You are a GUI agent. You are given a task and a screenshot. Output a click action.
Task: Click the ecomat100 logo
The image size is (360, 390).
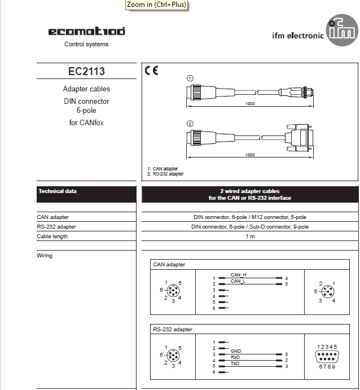click(86, 32)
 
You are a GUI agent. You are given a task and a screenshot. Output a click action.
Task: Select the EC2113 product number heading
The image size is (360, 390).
click(86, 72)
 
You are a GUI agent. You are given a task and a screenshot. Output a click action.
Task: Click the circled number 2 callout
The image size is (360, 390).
click(191, 124)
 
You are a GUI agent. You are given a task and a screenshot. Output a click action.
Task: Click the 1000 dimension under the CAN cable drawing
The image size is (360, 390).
click(250, 104)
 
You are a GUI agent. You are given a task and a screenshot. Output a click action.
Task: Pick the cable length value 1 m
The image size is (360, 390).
click(250, 236)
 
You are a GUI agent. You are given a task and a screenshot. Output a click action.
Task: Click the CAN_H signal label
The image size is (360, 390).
click(239, 275)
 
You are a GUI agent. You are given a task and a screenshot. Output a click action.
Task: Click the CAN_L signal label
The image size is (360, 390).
click(238, 281)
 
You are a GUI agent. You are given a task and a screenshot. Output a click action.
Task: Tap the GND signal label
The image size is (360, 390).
click(236, 351)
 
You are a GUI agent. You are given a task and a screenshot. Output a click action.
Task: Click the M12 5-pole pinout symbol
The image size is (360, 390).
click(327, 292)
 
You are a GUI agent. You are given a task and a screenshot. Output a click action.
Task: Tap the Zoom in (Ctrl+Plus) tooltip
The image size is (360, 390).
click(156, 5)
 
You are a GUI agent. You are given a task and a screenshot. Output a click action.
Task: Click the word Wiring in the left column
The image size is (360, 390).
click(45, 256)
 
